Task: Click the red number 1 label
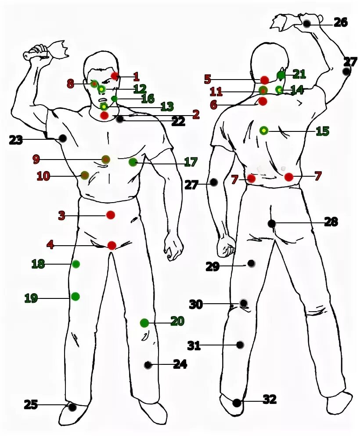point(136,77)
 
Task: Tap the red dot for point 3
point(110,215)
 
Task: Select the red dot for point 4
point(112,245)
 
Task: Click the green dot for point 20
point(144,323)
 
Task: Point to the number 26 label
point(340,22)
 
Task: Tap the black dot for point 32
point(237,403)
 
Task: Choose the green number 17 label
point(191,162)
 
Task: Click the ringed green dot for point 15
point(263,130)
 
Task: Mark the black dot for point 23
point(63,138)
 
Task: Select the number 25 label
point(31,404)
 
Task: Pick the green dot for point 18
point(76,264)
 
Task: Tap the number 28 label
point(331,222)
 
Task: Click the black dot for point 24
point(148,365)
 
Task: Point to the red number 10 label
point(43,176)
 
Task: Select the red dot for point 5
point(265,80)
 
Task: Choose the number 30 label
point(196,304)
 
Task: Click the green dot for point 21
point(281,75)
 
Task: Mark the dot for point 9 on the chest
point(106,159)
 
